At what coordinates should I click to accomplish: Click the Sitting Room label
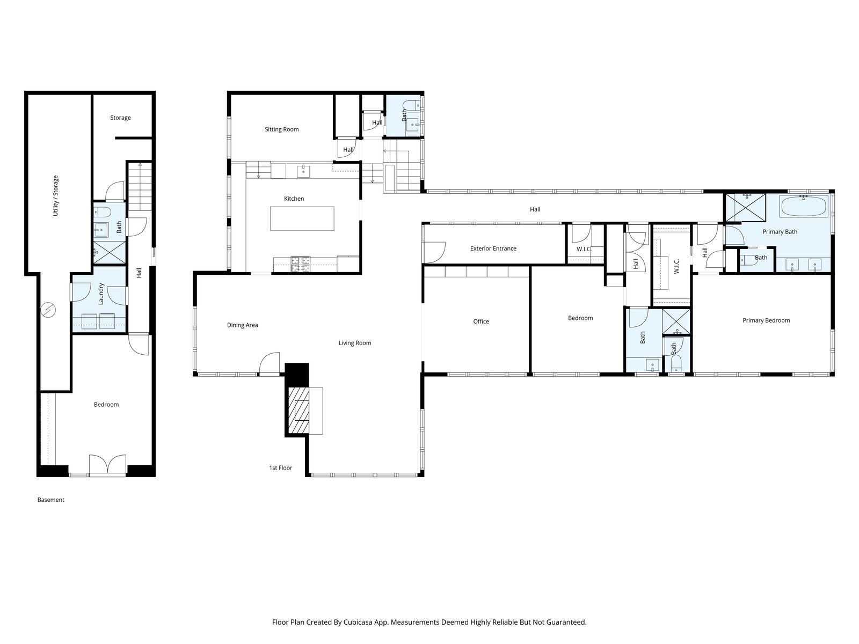point(281,129)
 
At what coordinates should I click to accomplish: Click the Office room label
point(481,321)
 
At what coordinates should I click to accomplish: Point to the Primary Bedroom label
point(766,320)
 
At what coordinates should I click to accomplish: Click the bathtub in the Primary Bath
point(804,206)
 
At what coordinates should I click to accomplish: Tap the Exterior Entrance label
point(493,248)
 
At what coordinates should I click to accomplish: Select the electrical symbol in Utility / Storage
point(49,310)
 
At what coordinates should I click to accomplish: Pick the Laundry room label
point(101,294)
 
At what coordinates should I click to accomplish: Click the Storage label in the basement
point(120,118)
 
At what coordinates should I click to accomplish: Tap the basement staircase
point(140,188)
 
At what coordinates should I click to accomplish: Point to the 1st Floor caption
point(280,468)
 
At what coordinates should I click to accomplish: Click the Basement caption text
point(50,500)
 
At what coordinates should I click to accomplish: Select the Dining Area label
point(242,325)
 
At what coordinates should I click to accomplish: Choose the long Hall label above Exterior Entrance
point(535,209)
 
